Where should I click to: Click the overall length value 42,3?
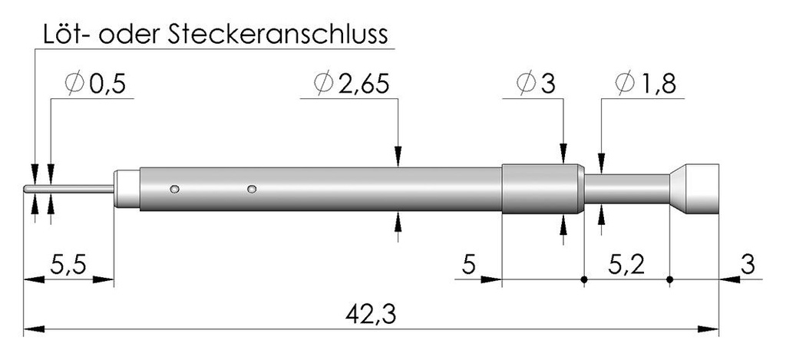coord(371,315)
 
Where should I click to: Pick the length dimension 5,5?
coord(68,266)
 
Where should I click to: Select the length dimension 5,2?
coord(626,266)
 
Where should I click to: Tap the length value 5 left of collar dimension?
coord(468,266)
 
